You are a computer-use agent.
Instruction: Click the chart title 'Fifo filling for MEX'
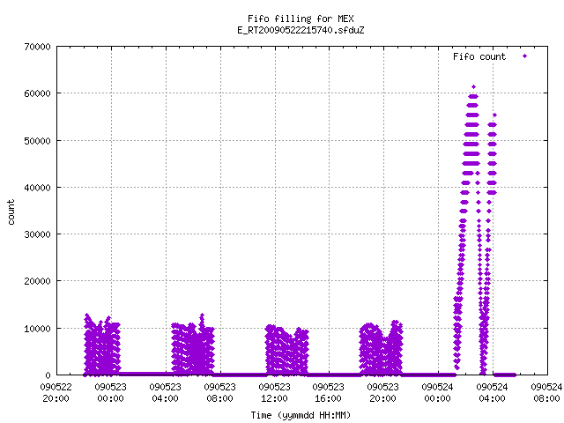301,19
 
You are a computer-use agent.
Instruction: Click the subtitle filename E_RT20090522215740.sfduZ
301,30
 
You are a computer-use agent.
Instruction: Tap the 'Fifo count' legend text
479,56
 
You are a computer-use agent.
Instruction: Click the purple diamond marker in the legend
525,56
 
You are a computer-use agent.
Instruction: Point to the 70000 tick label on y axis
37,47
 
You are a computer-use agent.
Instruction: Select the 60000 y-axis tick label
37,93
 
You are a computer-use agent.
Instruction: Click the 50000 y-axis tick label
37,141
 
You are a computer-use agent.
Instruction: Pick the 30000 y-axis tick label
37,234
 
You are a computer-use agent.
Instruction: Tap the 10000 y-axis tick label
37,329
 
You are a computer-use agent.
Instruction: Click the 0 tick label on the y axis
48,375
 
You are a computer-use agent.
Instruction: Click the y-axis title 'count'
11,212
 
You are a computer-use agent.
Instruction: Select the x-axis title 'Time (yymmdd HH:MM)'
301,415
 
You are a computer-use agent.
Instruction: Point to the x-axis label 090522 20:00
56,393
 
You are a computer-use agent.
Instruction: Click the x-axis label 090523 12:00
274,393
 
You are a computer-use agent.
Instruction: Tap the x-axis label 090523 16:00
329,393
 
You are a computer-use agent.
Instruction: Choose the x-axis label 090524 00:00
437,393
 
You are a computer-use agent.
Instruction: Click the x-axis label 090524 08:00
546,393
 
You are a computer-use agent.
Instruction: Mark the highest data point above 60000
474,86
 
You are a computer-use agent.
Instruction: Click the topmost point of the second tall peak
494,115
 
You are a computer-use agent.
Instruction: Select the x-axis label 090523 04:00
165,393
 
